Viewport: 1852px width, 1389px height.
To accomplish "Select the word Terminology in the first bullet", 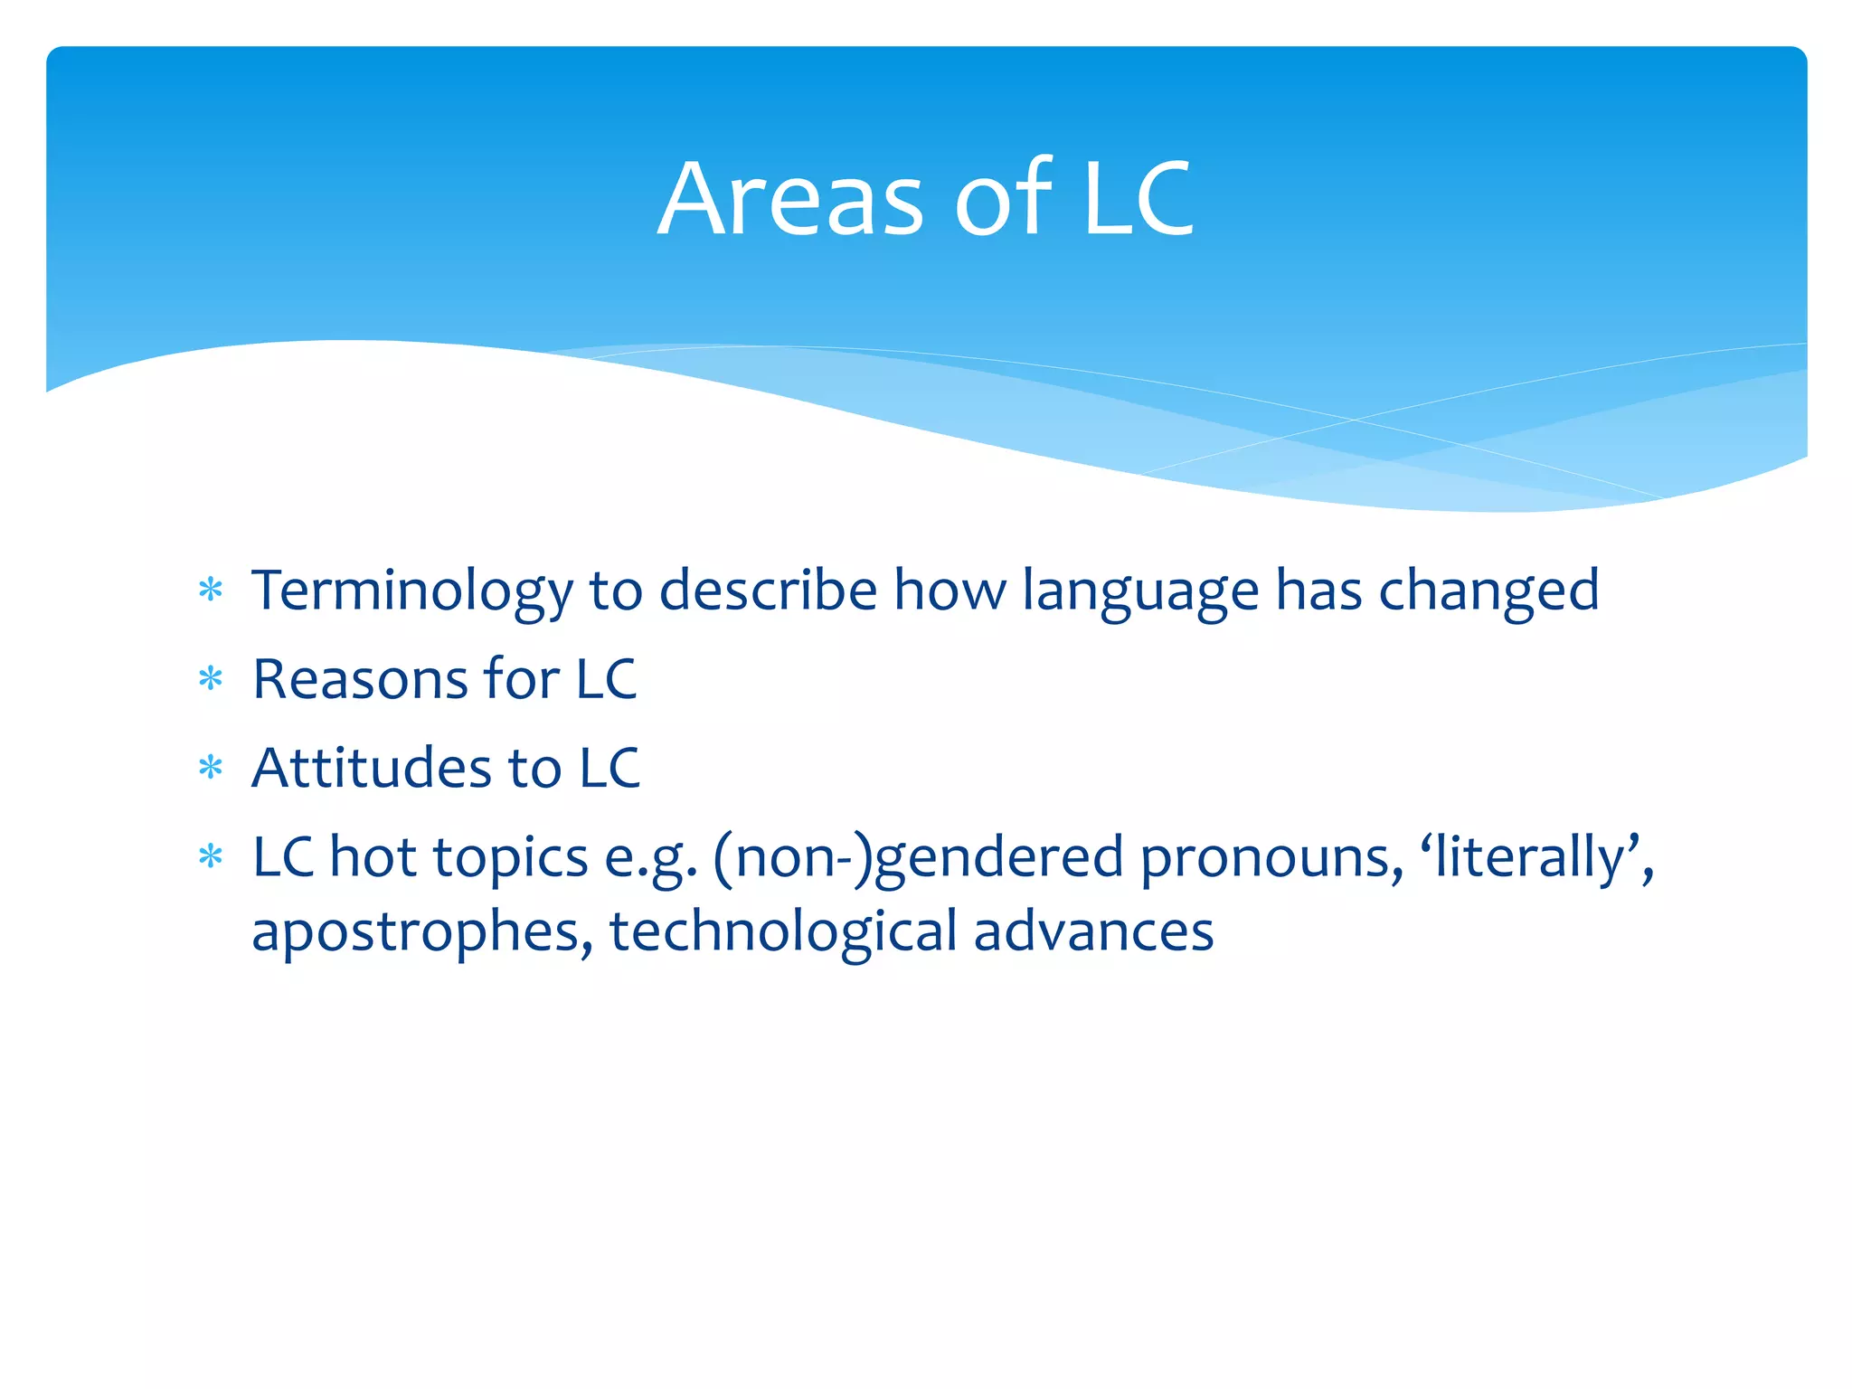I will pyautogui.click(x=411, y=591).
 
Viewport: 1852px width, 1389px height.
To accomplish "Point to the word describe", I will pyautogui.click(x=768, y=591).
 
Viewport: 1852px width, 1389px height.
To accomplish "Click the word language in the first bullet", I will pyautogui.click(x=1140, y=591).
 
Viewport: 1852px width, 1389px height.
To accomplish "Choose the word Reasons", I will pyautogui.click(x=360, y=679).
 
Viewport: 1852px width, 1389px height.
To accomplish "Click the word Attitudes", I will pyautogui.click(x=372, y=768).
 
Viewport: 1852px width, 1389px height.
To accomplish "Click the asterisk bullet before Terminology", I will pyautogui.click(x=211, y=591).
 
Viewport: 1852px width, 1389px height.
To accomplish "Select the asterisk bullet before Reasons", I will pyautogui.click(x=211, y=678).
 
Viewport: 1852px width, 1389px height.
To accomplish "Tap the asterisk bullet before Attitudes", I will pyautogui.click(x=211, y=768).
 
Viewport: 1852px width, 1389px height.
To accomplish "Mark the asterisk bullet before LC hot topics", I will pyautogui.click(x=211, y=855).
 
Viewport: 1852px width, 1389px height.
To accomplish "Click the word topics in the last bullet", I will pyautogui.click(x=511, y=858).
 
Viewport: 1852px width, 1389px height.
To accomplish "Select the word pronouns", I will pyautogui.click(x=1271, y=858).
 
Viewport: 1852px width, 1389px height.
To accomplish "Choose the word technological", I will pyautogui.click(x=783, y=932).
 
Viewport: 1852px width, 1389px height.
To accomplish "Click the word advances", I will pyautogui.click(x=1093, y=932).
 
